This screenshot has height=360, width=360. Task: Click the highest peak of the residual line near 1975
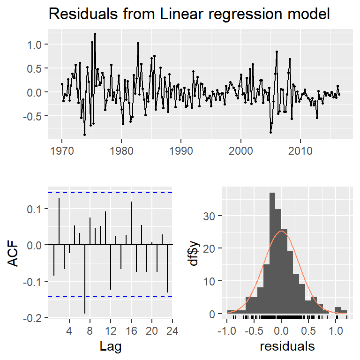[95, 34]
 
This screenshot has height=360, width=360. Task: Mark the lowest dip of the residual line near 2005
[270, 132]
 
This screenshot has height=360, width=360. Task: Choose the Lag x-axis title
[111, 347]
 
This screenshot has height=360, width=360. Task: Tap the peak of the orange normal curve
[281, 231]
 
